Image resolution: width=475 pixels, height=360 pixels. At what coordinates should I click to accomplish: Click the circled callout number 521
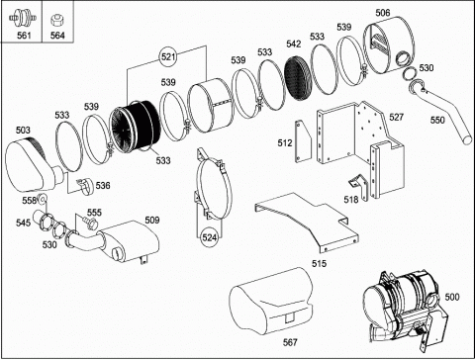pyautogui.click(x=168, y=56)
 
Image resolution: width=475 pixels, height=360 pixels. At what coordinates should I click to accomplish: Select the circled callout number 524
pyautogui.click(x=210, y=237)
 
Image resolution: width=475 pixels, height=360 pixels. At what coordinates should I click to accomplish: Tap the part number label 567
pyautogui.click(x=290, y=342)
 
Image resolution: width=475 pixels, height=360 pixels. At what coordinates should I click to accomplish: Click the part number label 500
pyautogui.click(x=452, y=297)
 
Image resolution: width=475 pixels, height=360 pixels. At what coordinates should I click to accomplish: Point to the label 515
pyautogui.click(x=320, y=263)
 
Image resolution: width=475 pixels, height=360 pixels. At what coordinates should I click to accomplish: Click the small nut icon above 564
pyautogui.click(x=56, y=20)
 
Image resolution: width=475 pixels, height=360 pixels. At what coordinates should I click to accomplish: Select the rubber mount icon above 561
pyautogui.click(x=23, y=17)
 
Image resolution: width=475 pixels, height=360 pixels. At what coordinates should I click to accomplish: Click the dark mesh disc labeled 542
pyautogui.click(x=299, y=78)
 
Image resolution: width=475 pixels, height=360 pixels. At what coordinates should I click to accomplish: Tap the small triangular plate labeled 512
pyautogui.click(x=303, y=141)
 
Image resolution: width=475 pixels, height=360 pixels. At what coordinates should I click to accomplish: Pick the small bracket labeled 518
pyautogui.click(x=358, y=187)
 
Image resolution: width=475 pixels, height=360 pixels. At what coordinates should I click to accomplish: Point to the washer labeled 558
pyautogui.click(x=43, y=199)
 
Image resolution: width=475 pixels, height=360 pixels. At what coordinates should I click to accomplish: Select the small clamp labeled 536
pyautogui.click(x=85, y=186)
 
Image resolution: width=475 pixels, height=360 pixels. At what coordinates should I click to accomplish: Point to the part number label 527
pyautogui.click(x=397, y=117)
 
